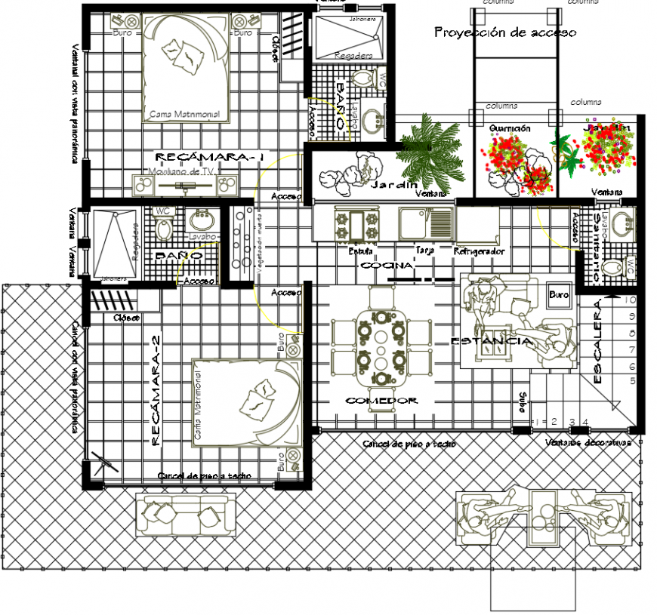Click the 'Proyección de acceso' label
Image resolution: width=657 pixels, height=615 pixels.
(505, 32)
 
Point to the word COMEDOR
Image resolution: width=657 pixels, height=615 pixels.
(381, 401)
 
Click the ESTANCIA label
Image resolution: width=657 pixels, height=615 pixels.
(491, 342)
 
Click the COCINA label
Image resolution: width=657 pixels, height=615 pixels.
(387, 266)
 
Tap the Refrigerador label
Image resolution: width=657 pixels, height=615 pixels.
(480, 251)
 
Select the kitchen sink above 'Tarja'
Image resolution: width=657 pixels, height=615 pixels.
(426, 223)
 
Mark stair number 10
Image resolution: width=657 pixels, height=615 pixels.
(631, 299)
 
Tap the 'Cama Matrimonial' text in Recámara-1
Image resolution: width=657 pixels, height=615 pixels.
(185, 115)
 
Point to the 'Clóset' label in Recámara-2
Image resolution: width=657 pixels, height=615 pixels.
(126, 318)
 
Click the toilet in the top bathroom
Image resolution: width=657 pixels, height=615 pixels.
(364, 78)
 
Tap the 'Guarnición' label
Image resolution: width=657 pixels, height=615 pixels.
(510, 128)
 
